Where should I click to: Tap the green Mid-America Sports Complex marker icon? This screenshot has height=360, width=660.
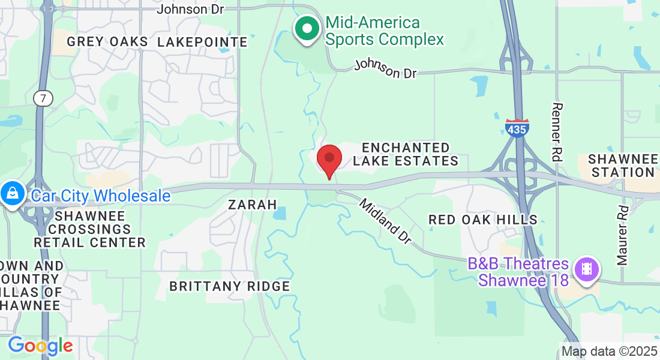(x=307, y=28)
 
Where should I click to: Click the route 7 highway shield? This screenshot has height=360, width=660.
(x=43, y=99)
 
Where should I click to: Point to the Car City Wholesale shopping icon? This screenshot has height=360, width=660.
(x=12, y=193)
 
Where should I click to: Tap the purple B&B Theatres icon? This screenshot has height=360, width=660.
(x=586, y=269)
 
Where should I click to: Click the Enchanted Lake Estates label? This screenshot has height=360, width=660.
(x=406, y=154)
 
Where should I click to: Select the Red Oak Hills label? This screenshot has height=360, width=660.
(x=483, y=220)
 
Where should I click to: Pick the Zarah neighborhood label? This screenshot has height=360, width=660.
(x=253, y=205)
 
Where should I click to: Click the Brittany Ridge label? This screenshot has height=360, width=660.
(x=230, y=286)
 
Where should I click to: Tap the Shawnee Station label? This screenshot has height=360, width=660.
(x=621, y=166)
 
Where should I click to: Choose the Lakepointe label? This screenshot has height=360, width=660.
(x=203, y=41)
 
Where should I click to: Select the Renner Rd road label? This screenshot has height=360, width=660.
(x=557, y=132)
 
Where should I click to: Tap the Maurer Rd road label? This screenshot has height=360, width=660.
(x=622, y=236)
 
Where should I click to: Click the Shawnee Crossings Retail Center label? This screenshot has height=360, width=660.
(x=89, y=229)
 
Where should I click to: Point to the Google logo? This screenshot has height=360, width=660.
(x=40, y=346)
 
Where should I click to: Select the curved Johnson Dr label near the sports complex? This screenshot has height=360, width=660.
(x=385, y=68)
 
